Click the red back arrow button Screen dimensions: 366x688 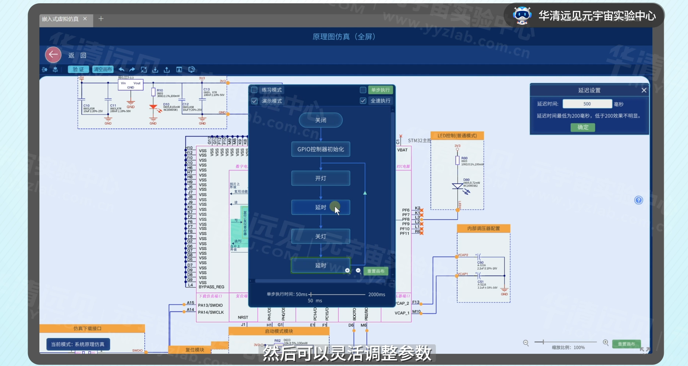53,55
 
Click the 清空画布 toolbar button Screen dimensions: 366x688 103,69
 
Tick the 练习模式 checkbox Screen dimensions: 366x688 254,90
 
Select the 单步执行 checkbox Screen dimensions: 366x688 363,90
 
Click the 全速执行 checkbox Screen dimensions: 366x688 363,101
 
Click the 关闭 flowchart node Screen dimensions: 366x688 321,120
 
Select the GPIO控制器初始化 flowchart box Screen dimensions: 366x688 321,149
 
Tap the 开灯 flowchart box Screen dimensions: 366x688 321,178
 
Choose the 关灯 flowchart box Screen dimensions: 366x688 321,236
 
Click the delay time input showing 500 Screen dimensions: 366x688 587,104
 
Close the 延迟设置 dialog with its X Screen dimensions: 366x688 644,90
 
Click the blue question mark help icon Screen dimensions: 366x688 639,200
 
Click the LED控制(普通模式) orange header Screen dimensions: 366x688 457,136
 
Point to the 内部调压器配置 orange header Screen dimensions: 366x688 484,229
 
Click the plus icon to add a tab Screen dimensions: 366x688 101,19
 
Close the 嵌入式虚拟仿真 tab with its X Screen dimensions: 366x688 85,19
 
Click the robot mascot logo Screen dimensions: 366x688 522,15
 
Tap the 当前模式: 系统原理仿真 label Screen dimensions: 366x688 78,344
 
